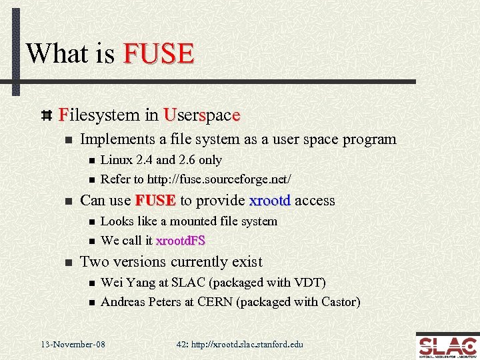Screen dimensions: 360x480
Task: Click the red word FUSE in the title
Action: pyautogui.click(x=159, y=53)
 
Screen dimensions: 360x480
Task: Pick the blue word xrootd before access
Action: pyautogui.click(x=270, y=201)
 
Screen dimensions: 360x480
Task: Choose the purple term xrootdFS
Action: pyautogui.click(x=180, y=241)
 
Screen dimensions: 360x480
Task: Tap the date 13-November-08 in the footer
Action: pyautogui.click(x=73, y=345)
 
